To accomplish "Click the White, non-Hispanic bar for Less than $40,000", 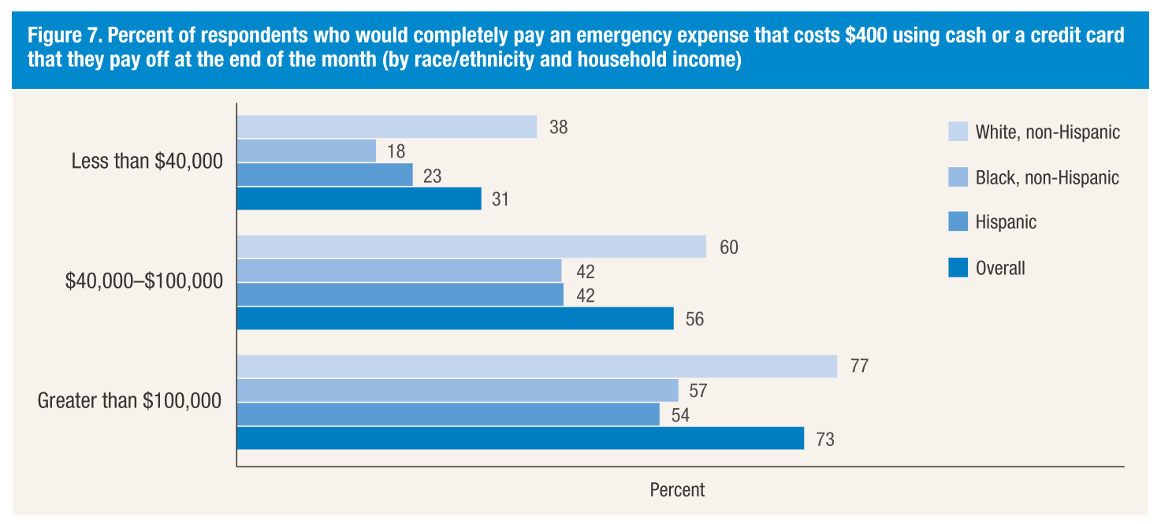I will click(x=387, y=127).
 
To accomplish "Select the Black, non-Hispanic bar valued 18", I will click(x=307, y=151).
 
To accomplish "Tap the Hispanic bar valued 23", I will click(x=325, y=175).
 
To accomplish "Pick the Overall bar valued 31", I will click(x=359, y=199).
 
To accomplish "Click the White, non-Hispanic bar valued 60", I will click(x=471, y=247).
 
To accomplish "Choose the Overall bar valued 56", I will click(x=456, y=318).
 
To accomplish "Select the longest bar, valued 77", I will click(x=537, y=366).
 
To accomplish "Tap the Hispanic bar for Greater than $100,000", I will click(x=448, y=414).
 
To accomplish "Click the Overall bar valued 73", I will click(x=520, y=438).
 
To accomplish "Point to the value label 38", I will click(x=559, y=127).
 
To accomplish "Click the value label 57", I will click(x=698, y=391).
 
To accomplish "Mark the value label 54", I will click(x=680, y=415).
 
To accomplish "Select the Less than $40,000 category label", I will click(x=147, y=162).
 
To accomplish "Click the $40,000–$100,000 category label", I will click(x=143, y=282).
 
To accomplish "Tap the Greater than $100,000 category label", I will click(x=129, y=401).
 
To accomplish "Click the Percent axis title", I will click(x=677, y=490).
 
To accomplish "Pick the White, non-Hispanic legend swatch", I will click(x=958, y=132).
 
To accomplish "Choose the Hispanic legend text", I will click(x=1006, y=222).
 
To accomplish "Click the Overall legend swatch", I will click(x=958, y=268).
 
